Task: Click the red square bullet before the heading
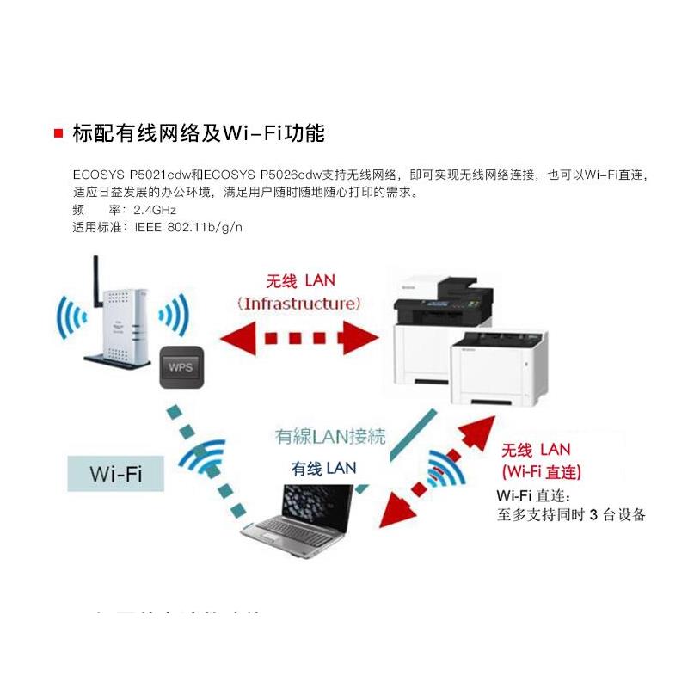pyautogui.click(x=58, y=133)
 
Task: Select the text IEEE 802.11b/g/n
pyautogui.click(x=187, y=227)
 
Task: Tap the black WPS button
pyautogui.click(x=181, y=366)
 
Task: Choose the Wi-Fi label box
pyautogui.click(x=116, y=474)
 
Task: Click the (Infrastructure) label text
pyautogui.click(x=299, y=304)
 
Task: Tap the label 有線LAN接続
pyautogui.click(x=329, y=437)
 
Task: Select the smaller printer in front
pyautogui.click(x=499, y=370)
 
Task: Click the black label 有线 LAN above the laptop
pyautogui.click(x=322, y=468)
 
